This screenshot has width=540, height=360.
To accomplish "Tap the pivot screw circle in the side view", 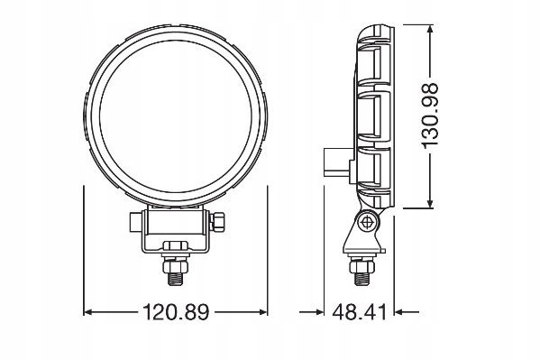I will [366, 222].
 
